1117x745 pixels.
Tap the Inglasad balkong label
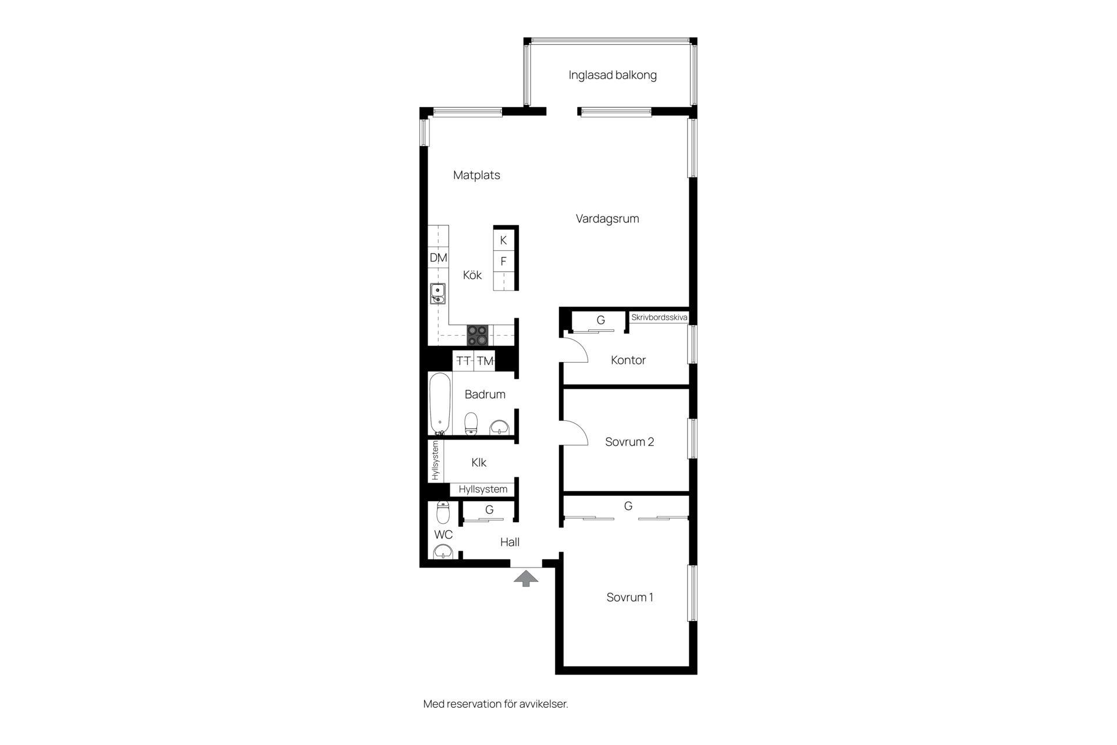pyautogui.click(x=613, y=75)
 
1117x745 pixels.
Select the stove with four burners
pyautogui.click(x=478, y=335)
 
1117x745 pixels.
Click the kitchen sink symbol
pyautogui.click(x=437, y=293)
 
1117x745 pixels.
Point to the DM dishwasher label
pyautogui.click(x=438, y=258)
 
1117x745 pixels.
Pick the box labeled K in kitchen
pyautogui.click(x=503, y=240)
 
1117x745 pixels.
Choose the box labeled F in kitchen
pyautogui.click(x=503, y=261)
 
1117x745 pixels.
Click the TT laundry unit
pyautogui.click(x=464, y=361)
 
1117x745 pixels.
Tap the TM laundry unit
pyautogui.click(x=485, y=361)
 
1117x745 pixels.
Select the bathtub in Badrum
pyautogui.click(x=440, y=404)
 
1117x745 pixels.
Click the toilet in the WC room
pyautogui.click(x=443, y=512)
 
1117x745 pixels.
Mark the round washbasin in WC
pyautogui.click(x=444, y=551)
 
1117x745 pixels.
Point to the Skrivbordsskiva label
pyautogui.click(x=659, y=318)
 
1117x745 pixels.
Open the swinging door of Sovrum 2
pyautogui.click(x=575, y=432)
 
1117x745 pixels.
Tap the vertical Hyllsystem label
pyautogui.click(x=436, y=460)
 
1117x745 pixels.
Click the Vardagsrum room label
pyautogui.click(x=607, y=219)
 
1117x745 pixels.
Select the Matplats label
pyautogui.click(x=476, y=175)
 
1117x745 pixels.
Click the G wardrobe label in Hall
pyautogui.click(x=489, y=510)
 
